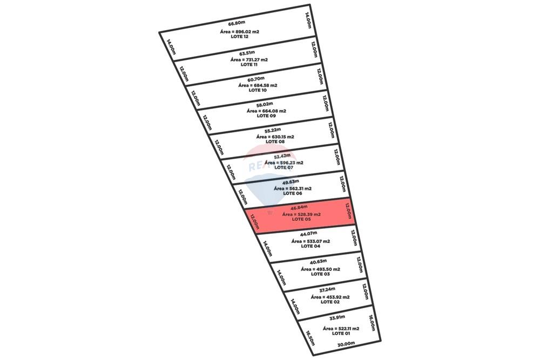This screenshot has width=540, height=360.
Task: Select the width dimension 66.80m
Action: [x=238, y=24]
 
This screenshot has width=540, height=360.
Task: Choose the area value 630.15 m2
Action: [x=275, y=137]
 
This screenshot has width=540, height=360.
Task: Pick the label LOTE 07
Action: [x=283, y=167]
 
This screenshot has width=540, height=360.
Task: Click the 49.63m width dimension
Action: [x=291, y=182]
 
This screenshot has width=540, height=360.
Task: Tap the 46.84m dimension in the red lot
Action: [x=299, y=207]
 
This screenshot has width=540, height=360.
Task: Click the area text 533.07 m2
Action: [x=310, y=241]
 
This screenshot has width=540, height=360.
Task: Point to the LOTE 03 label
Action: [x=320, y=274]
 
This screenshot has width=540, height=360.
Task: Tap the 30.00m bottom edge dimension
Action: [x=346, y=343]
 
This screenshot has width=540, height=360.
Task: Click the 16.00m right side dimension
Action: [x=372, y=323]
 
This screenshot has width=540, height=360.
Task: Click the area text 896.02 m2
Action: [x=240, y=32]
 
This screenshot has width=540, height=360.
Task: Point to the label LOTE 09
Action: [x=266, y=116]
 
